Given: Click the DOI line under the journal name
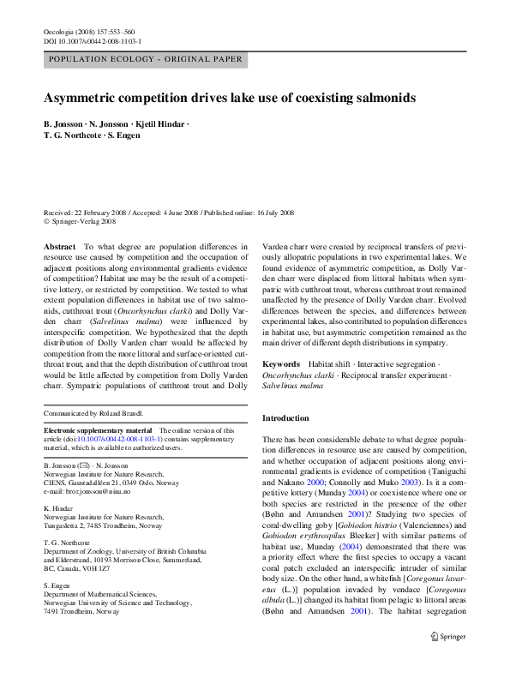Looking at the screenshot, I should coord(92,41).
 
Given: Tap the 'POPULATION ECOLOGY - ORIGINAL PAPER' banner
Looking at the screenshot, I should coord(145,60).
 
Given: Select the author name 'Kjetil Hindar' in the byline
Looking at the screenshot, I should coord(159,124).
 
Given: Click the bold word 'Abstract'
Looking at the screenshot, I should coord(59,246).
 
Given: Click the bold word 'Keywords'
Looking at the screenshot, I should coord(281,364).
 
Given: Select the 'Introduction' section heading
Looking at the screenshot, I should coord(285,418).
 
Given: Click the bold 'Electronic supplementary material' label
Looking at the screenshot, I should coord(98,430).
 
